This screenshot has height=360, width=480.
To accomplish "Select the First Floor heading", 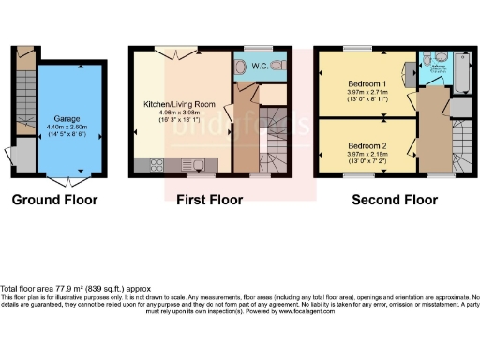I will pyautogui.click(x=210, y=200).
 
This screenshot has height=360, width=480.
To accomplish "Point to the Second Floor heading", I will pyautogui.click(x=395, y=200).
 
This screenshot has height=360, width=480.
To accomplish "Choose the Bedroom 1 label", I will pyautogui.click(x=367, y=82).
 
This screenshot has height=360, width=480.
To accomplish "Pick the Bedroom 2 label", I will pyautogui.click(x=367, y=146).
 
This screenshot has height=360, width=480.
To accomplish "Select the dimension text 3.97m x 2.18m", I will pyautogui.click(x=367, y=155).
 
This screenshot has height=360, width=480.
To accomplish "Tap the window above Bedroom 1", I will pyautogui.click(x=355, y=48).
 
